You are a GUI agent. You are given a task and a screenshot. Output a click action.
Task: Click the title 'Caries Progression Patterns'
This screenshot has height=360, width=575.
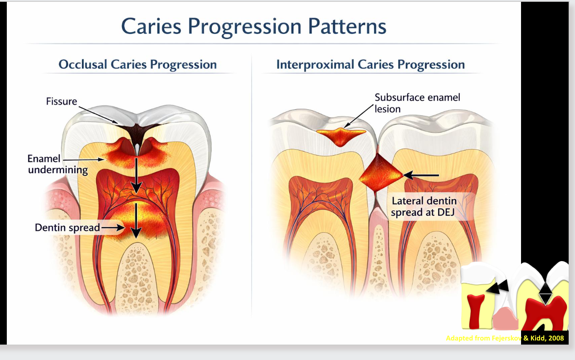(x=254, y=27)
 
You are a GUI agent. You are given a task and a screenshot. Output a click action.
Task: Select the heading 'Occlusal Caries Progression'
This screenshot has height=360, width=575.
(x=137, y=64)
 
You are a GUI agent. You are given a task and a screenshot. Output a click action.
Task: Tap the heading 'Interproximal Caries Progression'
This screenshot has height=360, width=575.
(x=370, y=64)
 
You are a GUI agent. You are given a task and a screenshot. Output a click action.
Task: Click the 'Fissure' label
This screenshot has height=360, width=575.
(x=61, y=101)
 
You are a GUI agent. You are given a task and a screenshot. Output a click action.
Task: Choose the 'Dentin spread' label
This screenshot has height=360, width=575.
(x=67, y=227)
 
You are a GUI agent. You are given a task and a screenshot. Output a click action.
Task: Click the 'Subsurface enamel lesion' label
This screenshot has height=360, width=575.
(x=417, y=103)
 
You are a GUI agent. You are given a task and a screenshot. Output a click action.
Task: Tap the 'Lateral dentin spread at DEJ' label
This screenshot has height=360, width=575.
(x=424, y=206)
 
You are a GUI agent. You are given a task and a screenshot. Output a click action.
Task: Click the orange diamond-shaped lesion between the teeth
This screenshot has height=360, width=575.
(x=380, y=175)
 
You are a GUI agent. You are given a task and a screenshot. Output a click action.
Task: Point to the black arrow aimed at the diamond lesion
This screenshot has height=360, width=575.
(x=421, y=175)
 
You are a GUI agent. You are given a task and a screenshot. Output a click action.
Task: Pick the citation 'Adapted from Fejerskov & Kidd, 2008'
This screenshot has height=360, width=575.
(x=505, y=338)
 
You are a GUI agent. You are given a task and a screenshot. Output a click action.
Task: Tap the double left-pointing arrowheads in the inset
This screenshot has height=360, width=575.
(x=497, y=287)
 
